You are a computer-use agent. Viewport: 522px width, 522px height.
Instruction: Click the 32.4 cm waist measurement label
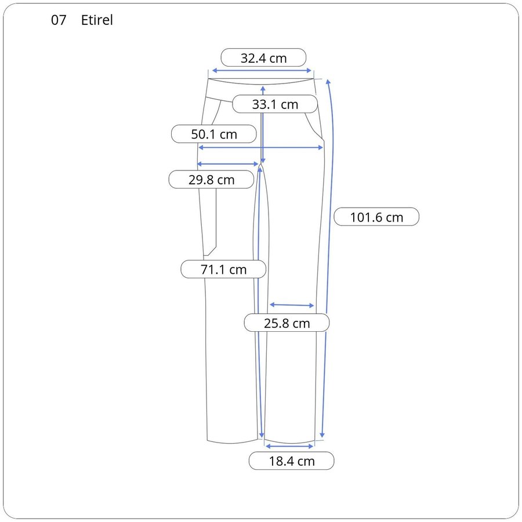[x=263, y=58]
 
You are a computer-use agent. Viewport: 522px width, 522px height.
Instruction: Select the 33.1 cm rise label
[x=275, y=104]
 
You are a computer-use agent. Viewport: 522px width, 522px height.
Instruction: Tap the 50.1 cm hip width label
[x=214, y=134]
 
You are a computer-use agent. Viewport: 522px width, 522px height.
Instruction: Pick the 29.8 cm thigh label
[x=211, y=180]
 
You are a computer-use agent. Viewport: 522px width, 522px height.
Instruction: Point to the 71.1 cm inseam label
[x=223, y=269]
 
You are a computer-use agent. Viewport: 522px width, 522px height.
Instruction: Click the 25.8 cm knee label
[x=287, y=323]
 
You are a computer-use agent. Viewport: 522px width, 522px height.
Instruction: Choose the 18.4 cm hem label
[x=292, y=461]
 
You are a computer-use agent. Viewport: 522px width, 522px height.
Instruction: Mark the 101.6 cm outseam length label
[x=376, y=217]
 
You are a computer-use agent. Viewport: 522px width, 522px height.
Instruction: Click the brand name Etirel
[x=97, y=20]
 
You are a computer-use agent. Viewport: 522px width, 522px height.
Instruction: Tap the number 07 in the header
[x=59, y=20]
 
